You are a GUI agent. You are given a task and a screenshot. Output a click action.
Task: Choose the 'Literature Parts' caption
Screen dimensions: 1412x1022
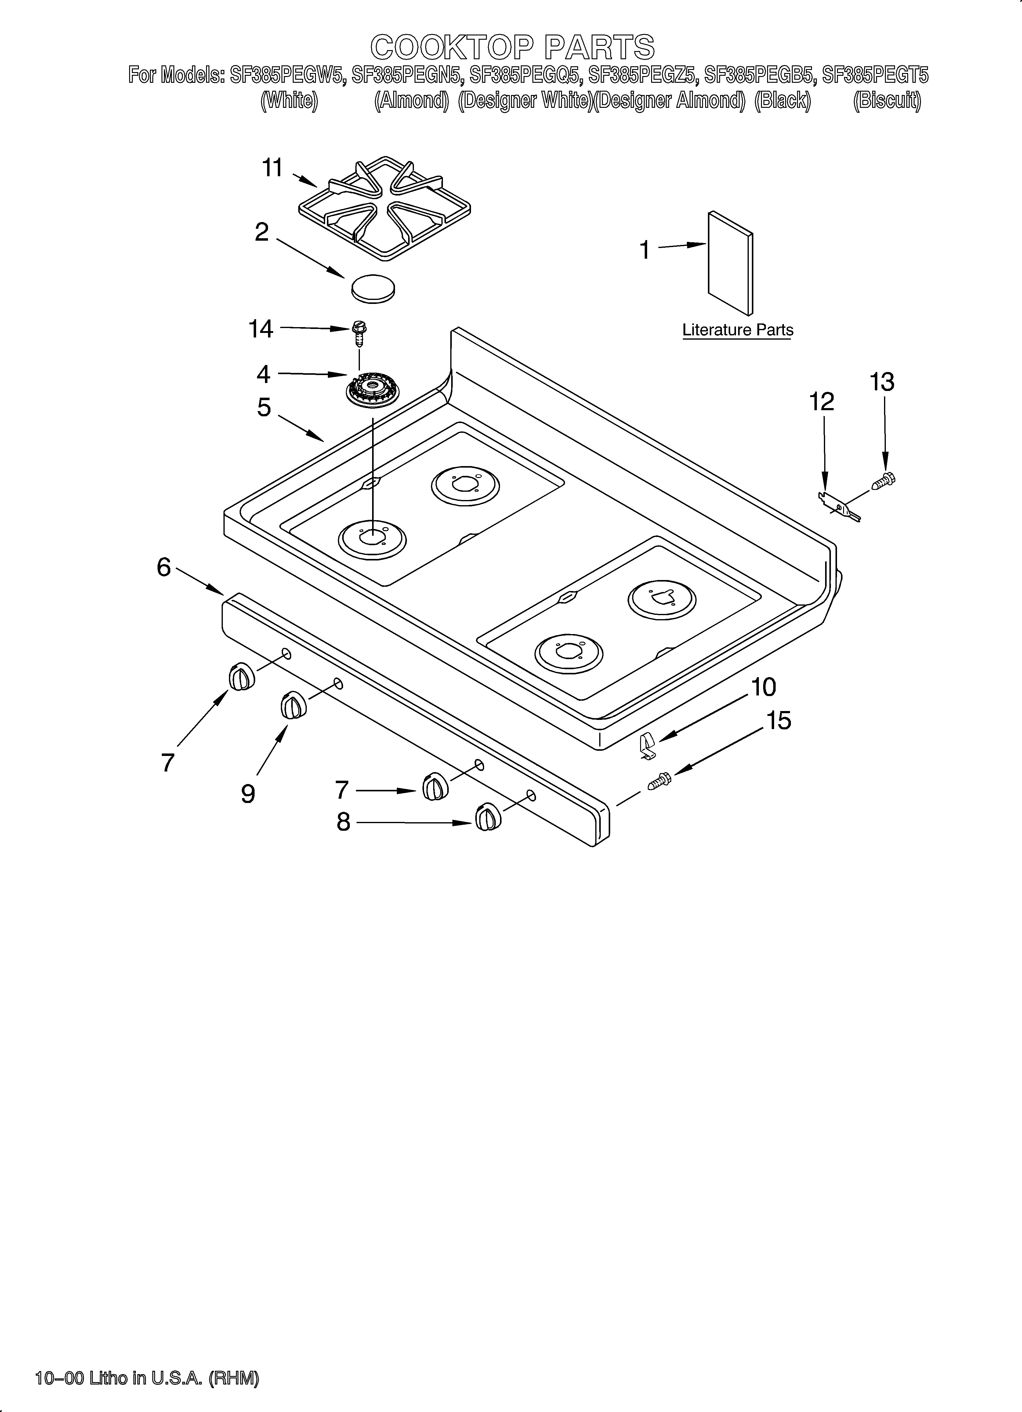[738, 330]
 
